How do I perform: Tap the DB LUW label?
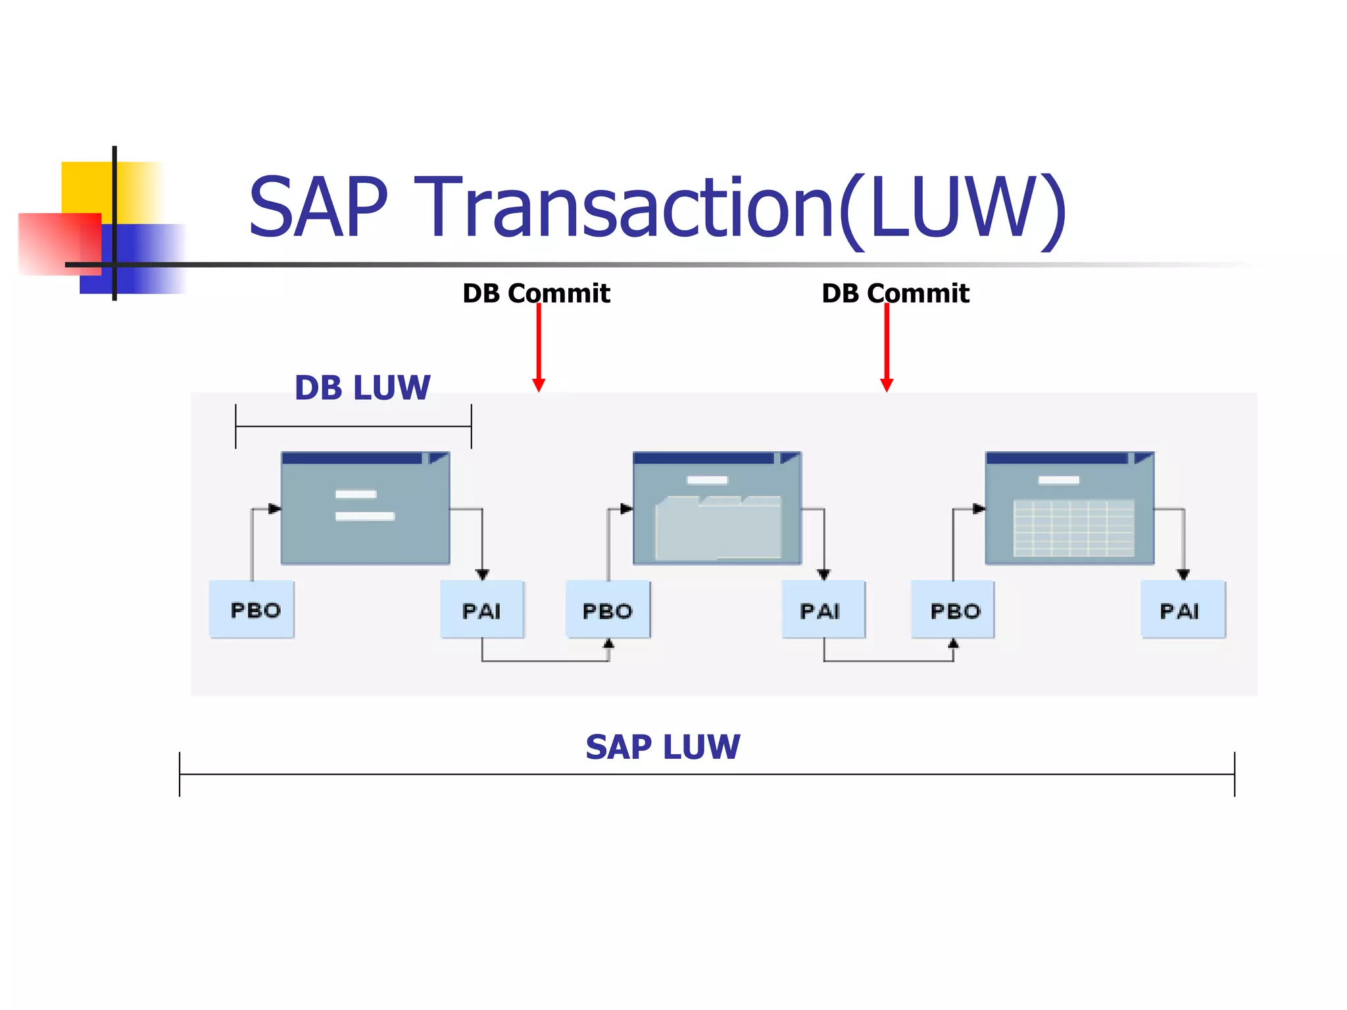(362, 387)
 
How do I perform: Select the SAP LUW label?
(662, 747)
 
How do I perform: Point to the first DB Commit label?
(536, 293)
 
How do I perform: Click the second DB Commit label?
(895, 293)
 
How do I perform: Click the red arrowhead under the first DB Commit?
(539, 385)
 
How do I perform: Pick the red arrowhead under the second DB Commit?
(887, 385)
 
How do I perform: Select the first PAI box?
(482, 610)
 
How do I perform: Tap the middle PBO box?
(608, 610)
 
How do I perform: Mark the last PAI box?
(1183, 610)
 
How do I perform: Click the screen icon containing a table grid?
(1069, 508)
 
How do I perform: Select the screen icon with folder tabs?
(717, 508)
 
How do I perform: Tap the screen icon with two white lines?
(365, 508)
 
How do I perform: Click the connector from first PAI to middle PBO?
(545, 660)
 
